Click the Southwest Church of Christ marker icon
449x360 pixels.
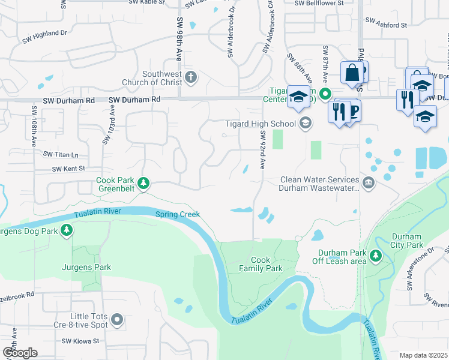coord(191,77)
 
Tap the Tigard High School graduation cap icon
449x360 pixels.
coord(306,124)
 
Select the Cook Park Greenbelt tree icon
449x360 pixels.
coord(143,184)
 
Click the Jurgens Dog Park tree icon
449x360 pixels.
coord(67,229)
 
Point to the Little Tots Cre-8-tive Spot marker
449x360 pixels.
coord(117,320)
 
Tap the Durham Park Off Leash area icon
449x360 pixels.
coord(376,256)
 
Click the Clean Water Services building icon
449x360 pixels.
coord(369,183)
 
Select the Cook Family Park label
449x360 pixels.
coord(267,264)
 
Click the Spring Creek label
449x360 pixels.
coord(178,214)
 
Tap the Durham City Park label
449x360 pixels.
coord(407,241)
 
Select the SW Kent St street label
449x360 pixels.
coord(68,169)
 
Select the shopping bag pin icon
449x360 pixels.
coord(350,73)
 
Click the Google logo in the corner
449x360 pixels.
coord(20,352)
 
